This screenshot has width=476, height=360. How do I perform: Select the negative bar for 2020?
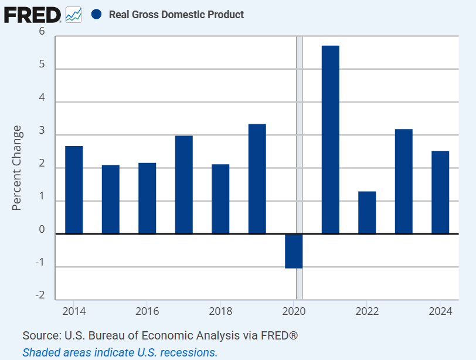pos(294,251)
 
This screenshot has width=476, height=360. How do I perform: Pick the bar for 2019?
pos(257,179)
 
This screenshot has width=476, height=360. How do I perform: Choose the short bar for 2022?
pos(367,212)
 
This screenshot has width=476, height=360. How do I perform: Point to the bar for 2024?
pos(440,192)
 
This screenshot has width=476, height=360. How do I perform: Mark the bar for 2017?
pos(183,185)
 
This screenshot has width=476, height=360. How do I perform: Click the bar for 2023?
pos(403,181)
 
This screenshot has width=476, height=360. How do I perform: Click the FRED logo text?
pos(32,14)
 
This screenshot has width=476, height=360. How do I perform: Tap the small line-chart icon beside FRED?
pos(73,14)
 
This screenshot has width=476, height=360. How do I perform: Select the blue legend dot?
pos(97,14)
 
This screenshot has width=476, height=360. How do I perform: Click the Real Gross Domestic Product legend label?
pos(176,14)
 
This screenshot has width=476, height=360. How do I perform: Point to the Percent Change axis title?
pos(18,168)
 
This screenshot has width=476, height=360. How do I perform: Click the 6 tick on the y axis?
pos(42,32)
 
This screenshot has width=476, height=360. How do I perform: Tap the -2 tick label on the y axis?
pos(40,296)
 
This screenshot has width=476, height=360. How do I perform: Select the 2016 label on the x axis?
pos(147,311)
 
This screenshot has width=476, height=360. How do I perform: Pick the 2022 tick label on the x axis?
pos(367,311)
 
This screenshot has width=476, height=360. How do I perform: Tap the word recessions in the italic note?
pos(187,352)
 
